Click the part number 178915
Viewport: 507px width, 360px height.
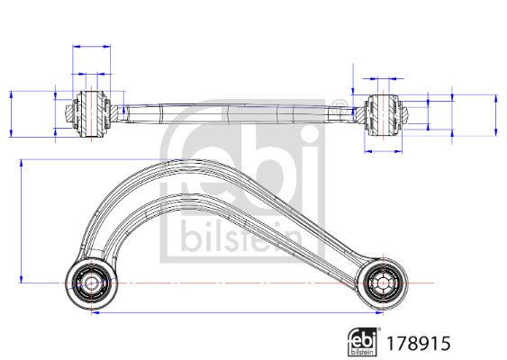pyautogui.click(x=417, y=342)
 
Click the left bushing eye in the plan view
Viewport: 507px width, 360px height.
pyautogui.click(x=90, y=283)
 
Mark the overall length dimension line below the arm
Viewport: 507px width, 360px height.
pyautogui.click(x=234, y=316)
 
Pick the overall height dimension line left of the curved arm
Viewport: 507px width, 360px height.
pyautogui.click(x=20, y=221)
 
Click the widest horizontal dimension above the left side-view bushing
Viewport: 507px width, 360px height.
pyautogui.click(x=90, y=45)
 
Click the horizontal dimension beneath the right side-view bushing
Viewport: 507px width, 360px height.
pyautogui.click(x=387, y=151)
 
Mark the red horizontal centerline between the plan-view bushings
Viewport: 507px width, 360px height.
pyautogui.click(x=234, y=283)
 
